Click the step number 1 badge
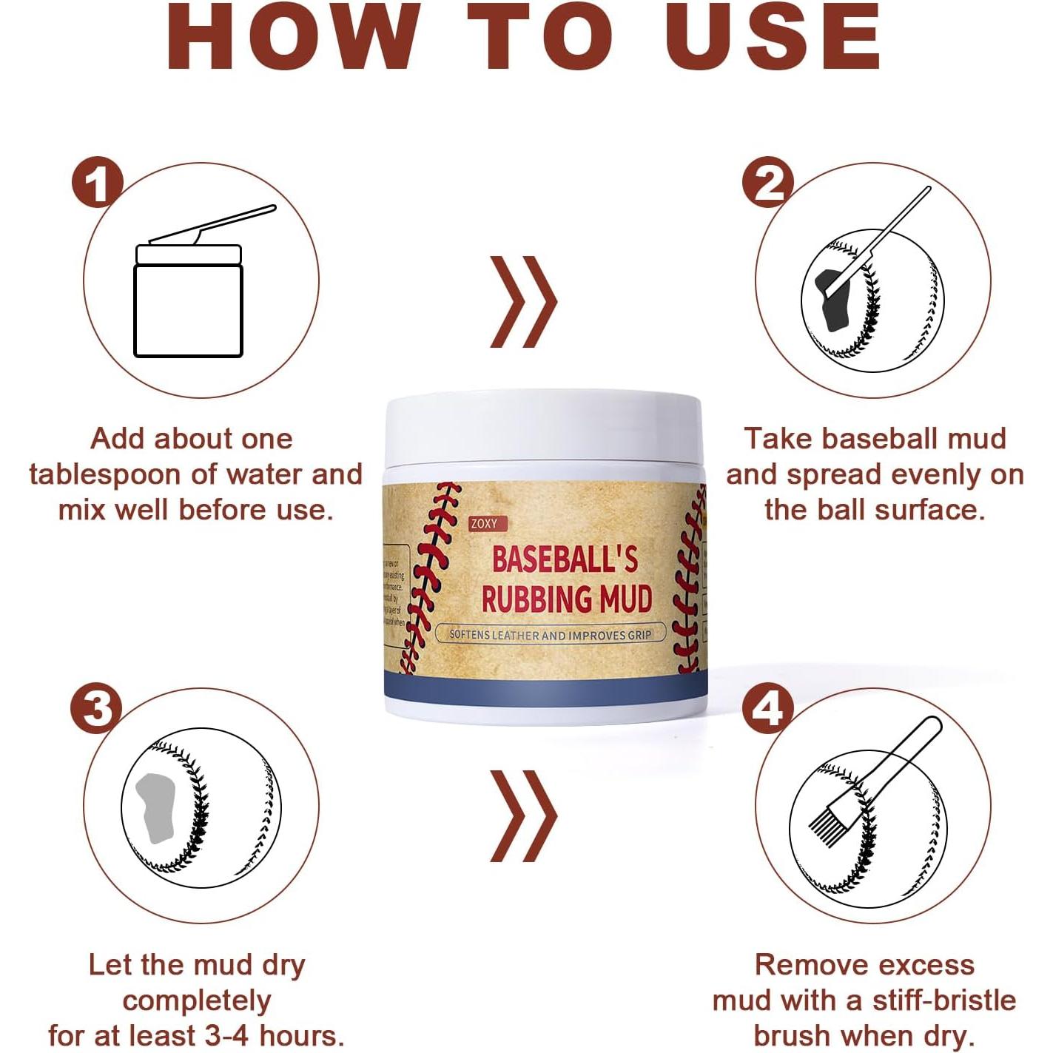click(97, 183)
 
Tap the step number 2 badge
click(768, 183)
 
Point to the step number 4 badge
click(767, 708)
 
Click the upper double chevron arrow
click(523, 302)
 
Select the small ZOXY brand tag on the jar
click(484, 524)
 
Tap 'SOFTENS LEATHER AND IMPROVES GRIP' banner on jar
click(551, 634)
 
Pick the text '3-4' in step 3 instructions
click(243, 1035)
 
